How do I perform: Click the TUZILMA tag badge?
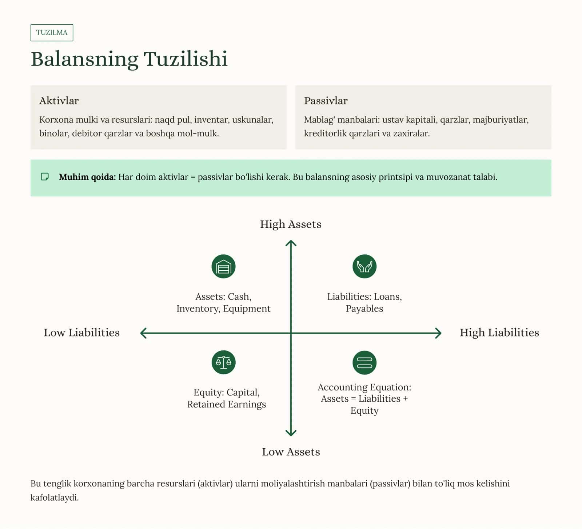click(52, 33)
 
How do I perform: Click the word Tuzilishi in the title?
click(186, 59)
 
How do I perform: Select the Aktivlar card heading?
click(59, 101)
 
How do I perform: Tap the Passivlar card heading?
click(326, 101)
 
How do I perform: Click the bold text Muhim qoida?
click(87, 177)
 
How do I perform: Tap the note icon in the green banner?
click(45, 177)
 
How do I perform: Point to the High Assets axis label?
click(291, 224)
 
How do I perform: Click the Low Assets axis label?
click(291, 452)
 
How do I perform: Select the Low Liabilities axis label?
click(82, 333)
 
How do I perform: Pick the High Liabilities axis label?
click(499, 333)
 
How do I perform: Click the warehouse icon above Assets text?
click(224, 266)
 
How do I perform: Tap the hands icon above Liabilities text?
click(364, 266)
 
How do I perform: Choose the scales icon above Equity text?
click(224, 362)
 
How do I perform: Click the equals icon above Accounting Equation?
click(364, 362)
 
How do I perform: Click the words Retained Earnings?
click(227, 405)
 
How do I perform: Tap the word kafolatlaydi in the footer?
click(55, 498)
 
